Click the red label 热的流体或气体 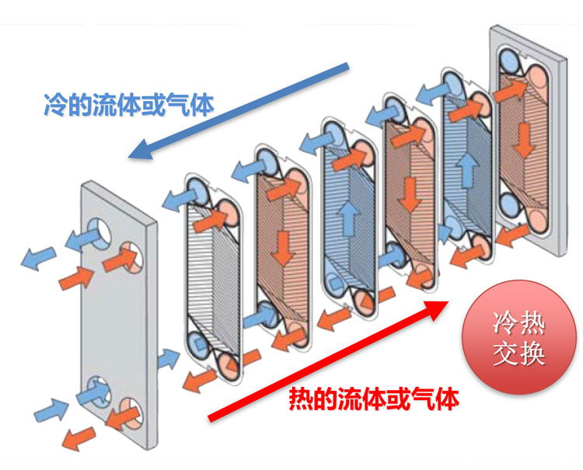[373, 398]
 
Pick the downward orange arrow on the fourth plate [407, 188]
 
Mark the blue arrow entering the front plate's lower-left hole [51, 406]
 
